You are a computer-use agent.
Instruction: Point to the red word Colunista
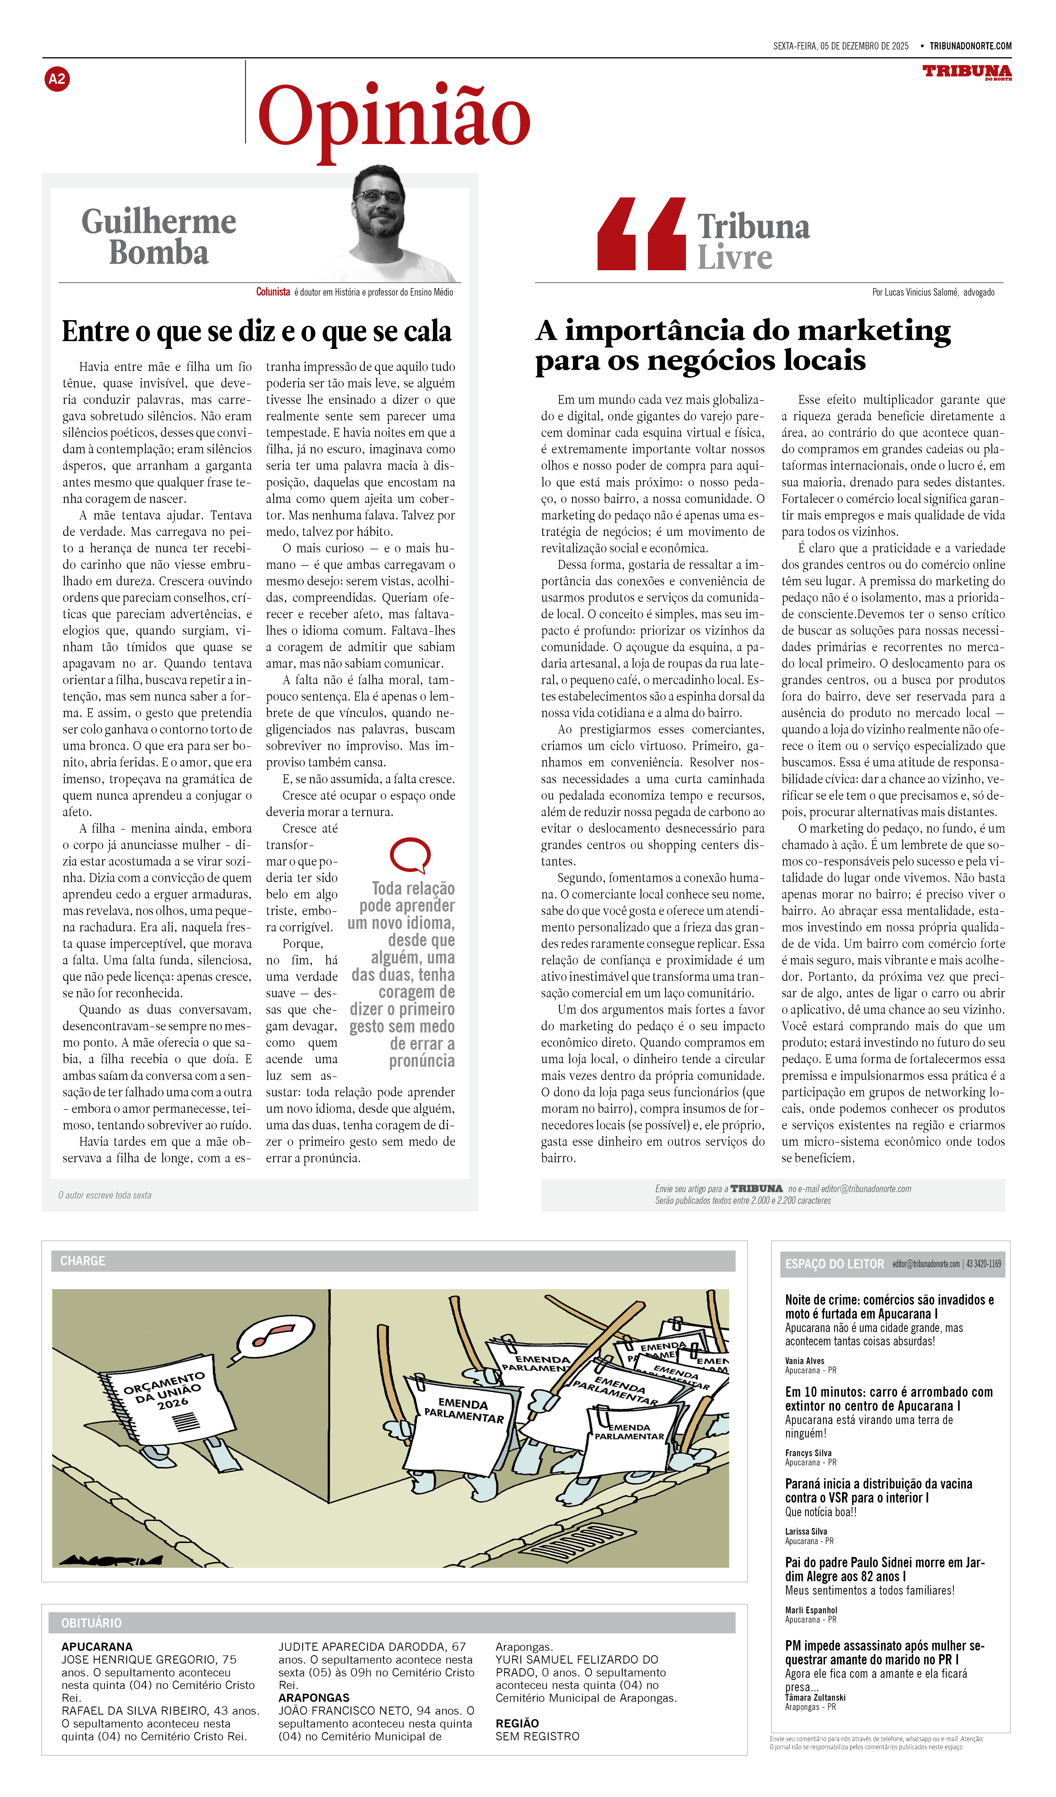[273, 292]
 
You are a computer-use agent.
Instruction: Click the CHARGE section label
[83, 1261]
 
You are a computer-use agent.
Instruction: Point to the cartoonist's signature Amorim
[111, 1560]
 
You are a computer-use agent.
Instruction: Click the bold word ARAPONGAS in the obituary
[314, 1698]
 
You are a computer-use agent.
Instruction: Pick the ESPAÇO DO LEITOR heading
[834, 1264]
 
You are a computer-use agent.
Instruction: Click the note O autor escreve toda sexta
[105, 1195]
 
